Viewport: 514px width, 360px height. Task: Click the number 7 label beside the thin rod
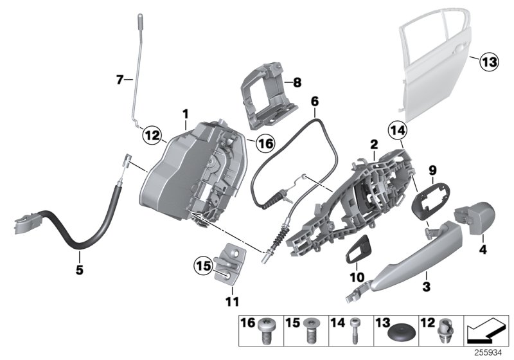click(x=120, y=80)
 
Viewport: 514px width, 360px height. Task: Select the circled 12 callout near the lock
click(x=152, y=136)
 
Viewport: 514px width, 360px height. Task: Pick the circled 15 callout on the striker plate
click(x=203, y=265)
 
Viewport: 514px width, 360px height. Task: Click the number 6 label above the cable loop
click(x=314, y=101)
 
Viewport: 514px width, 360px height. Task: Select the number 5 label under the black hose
click(x=80, y=271)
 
